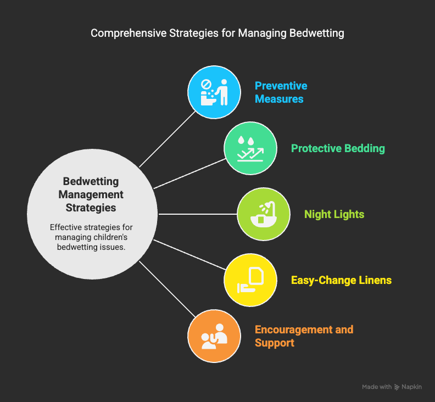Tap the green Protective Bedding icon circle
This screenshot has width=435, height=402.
pos(250,148)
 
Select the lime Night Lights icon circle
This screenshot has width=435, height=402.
pos(264,214)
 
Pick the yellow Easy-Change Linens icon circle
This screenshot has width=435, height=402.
pos(250,280)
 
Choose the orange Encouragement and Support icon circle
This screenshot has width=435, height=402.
pos(214,336)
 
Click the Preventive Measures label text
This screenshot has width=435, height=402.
pos(281,92)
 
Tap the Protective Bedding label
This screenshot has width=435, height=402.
pos(338,148)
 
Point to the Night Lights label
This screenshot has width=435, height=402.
pos(334,214)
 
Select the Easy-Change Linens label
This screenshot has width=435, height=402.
pos(341,280)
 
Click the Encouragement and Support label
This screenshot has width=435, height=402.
pos(304,336)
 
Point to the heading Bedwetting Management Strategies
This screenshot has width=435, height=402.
pos(91,194)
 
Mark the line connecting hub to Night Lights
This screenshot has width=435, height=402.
pos(198,214)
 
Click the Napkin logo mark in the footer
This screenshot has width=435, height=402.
pos(397,387)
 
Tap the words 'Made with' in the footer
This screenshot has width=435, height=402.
pos(376,387)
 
